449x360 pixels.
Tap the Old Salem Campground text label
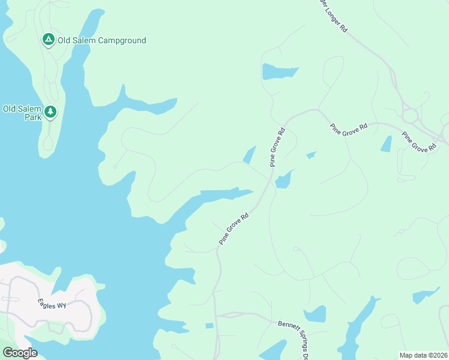pos(101,40)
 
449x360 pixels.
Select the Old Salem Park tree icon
pos(50,112)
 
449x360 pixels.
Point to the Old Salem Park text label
pos(22,113)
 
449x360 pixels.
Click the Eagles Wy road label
pos(52,305)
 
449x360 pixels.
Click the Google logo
pos(20,353)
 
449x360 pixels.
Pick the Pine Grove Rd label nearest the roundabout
pos(419,142)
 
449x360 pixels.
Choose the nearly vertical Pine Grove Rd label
pos(277,147)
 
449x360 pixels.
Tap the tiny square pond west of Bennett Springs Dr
pos(209,326)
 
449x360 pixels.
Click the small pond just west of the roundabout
pos(386,144)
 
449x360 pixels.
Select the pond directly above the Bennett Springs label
pos(315,314)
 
